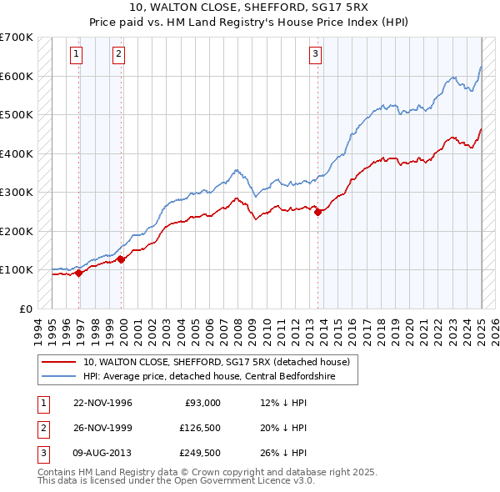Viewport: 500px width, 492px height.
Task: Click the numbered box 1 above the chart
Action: coord(76,55)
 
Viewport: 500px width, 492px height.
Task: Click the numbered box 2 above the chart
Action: coord(119,55)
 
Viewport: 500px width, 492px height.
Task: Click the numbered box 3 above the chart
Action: coord(316,55)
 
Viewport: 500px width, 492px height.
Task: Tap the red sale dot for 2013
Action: coord(318,212)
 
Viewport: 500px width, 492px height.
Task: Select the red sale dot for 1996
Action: coord(79,272)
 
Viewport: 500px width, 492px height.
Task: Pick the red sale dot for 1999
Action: coord(122,259)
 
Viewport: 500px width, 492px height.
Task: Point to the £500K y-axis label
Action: coord(17,115)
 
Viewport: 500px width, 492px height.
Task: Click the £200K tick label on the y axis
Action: coord(17,231)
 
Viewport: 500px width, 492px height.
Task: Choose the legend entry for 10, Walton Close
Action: coord(221,363)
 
